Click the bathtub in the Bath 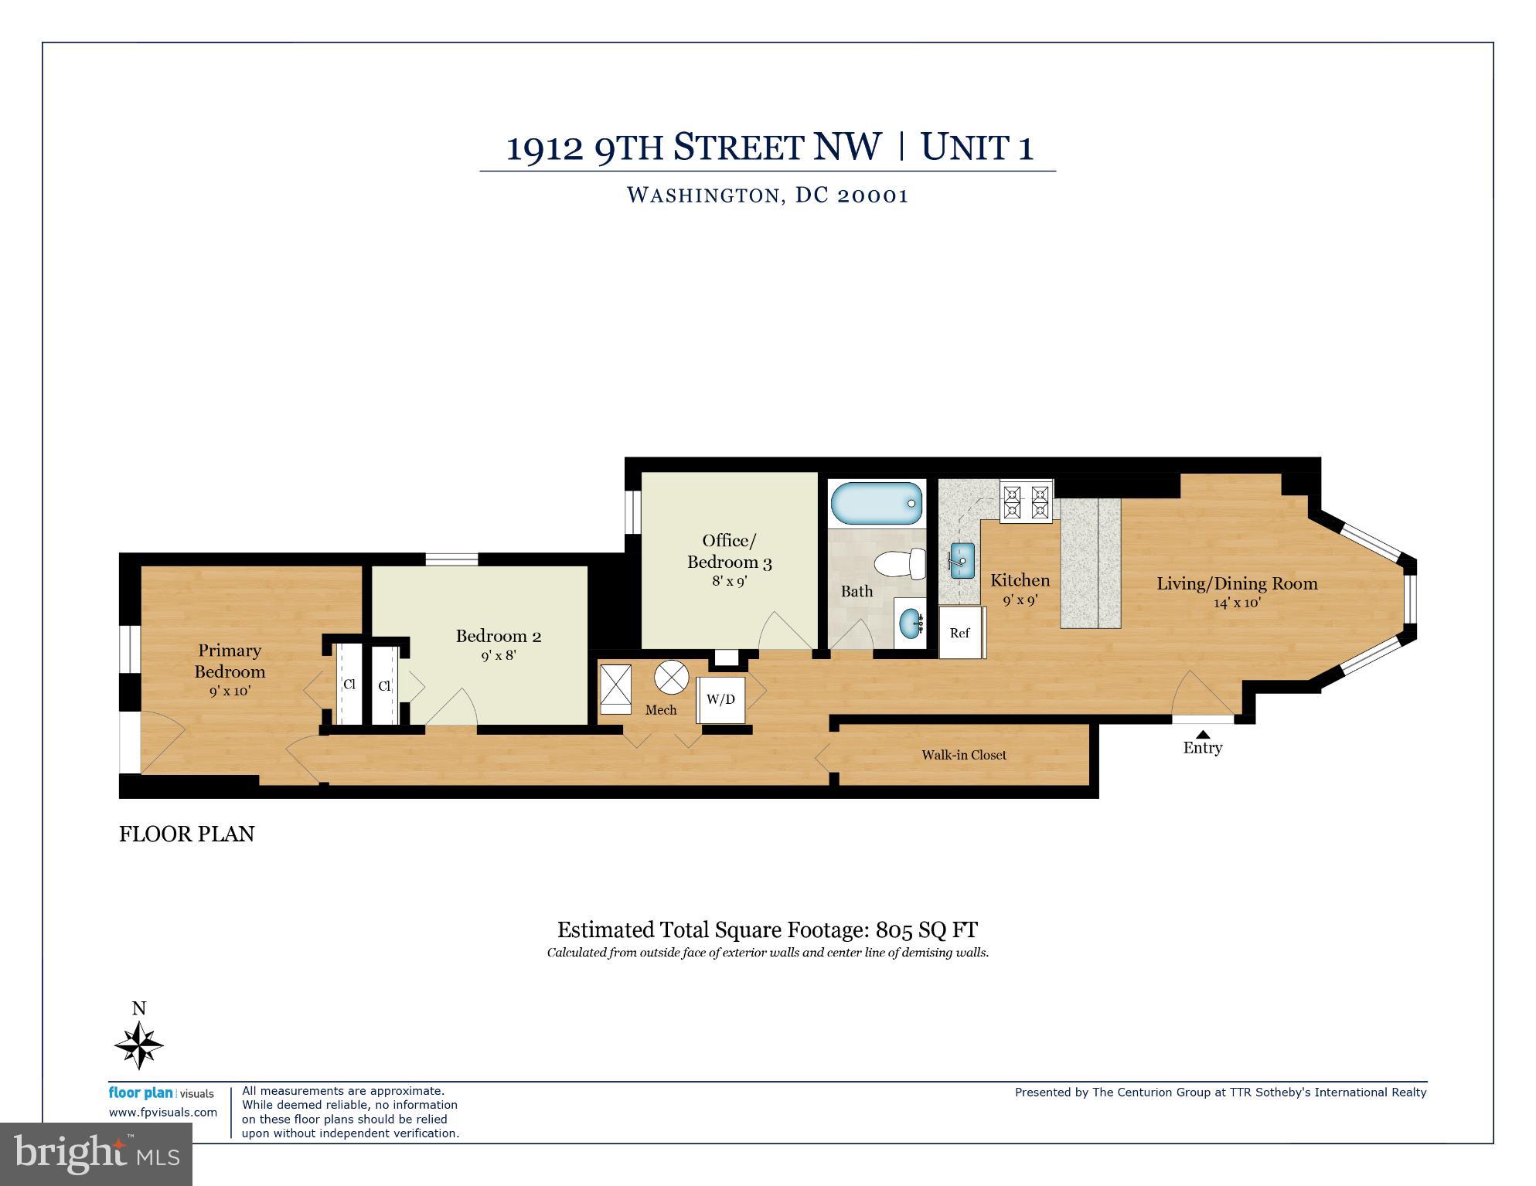tap(877, 504)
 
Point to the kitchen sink tap(961, 560)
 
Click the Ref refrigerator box tap(961, 633)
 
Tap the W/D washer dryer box tap(720, 699)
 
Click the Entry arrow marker tap(1203, 734)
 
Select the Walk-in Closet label tap(963, 755)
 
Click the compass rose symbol tap(139, 1045)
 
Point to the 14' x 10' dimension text tap(1237, 603)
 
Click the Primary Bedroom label tap(230, 661)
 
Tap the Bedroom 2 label tap(498, 636)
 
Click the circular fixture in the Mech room tap(671, 678)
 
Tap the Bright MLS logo tap(96, 1154)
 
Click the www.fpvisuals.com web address tap(163, 1113)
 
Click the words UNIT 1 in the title tap(977, 148)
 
